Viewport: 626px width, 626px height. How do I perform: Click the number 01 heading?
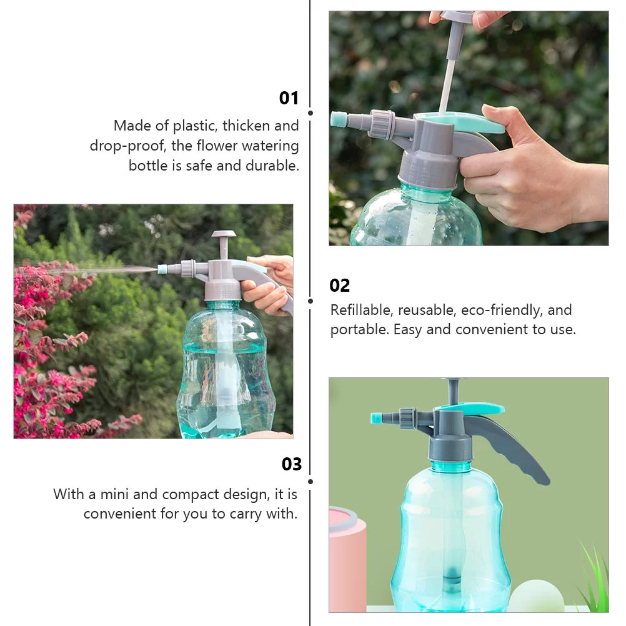tap(289, 98)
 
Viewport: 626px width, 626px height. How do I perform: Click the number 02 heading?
tap(340, 286)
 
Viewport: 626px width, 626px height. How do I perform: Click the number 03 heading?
tap(291, 464)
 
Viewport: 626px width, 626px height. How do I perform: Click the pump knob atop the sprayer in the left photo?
tap(223, 236)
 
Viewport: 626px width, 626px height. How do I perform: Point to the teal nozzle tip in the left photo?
tap(162, 269)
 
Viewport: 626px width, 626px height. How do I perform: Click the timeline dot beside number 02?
tap(311, 301)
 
